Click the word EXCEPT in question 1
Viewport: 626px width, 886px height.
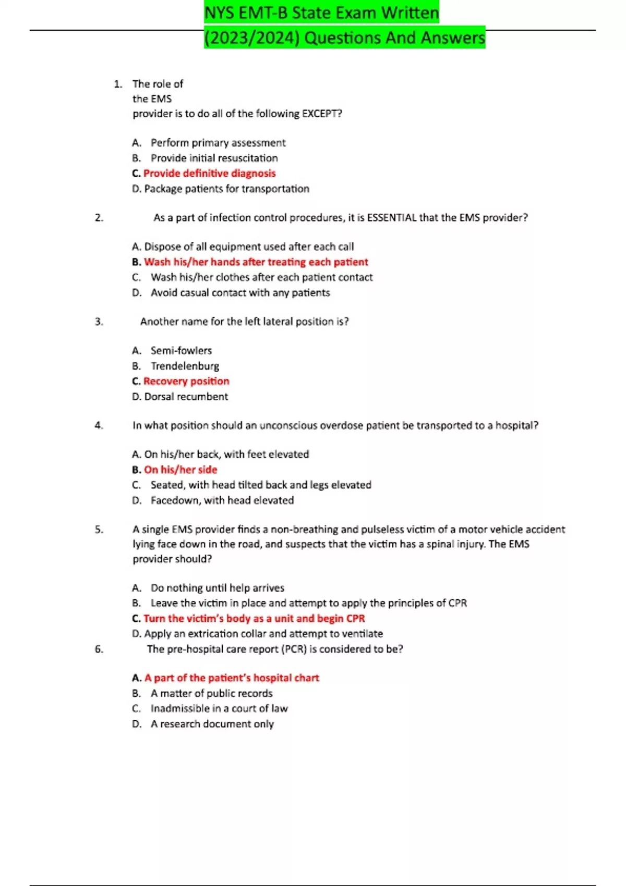[x=322, y=114]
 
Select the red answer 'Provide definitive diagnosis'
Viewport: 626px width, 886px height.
[x=209, y=174]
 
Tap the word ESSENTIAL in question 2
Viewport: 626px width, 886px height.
[x=392, y=218]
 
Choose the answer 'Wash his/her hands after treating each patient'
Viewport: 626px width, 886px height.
[x=256, y=262]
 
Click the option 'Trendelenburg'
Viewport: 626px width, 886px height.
[x=185, y=366]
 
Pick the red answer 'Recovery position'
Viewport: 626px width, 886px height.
[x=186, y=382]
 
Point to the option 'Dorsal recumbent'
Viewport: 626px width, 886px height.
[x=186, y=397]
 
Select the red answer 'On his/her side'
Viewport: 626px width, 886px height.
[x=180, y=470]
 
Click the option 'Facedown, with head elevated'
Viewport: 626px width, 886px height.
[x=222, y=500]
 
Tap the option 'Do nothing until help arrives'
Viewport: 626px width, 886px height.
[x=217, y=588]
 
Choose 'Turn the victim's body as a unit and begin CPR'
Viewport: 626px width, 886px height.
[x=254, y=619]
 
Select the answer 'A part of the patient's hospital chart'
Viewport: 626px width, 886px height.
[x=232, y=678]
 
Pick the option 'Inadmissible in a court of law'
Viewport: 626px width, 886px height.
[x=219, y=709]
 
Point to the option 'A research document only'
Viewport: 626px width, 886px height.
[x=212, y=724]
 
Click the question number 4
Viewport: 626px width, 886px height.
[x=99, y=425]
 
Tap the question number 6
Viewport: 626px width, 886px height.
[x=99, y=649]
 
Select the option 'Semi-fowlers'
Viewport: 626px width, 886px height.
[x=181, y=351]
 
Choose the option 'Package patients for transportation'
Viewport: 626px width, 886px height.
[x=226, y=189]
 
